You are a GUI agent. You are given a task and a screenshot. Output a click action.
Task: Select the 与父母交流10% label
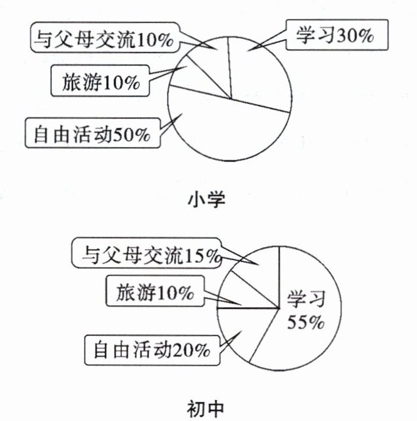103,40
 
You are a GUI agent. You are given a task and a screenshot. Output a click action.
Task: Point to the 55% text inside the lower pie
304,323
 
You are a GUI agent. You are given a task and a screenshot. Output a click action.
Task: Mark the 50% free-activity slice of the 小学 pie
224,132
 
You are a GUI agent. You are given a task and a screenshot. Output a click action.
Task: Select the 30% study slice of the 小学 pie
260,69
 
